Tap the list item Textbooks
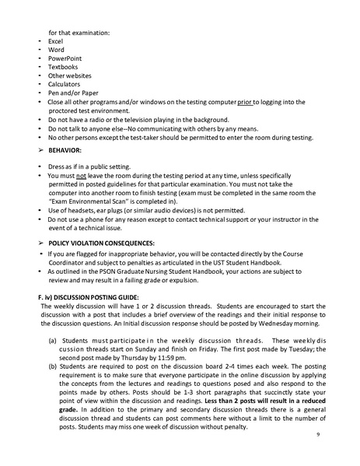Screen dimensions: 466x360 (x=62, y=67)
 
